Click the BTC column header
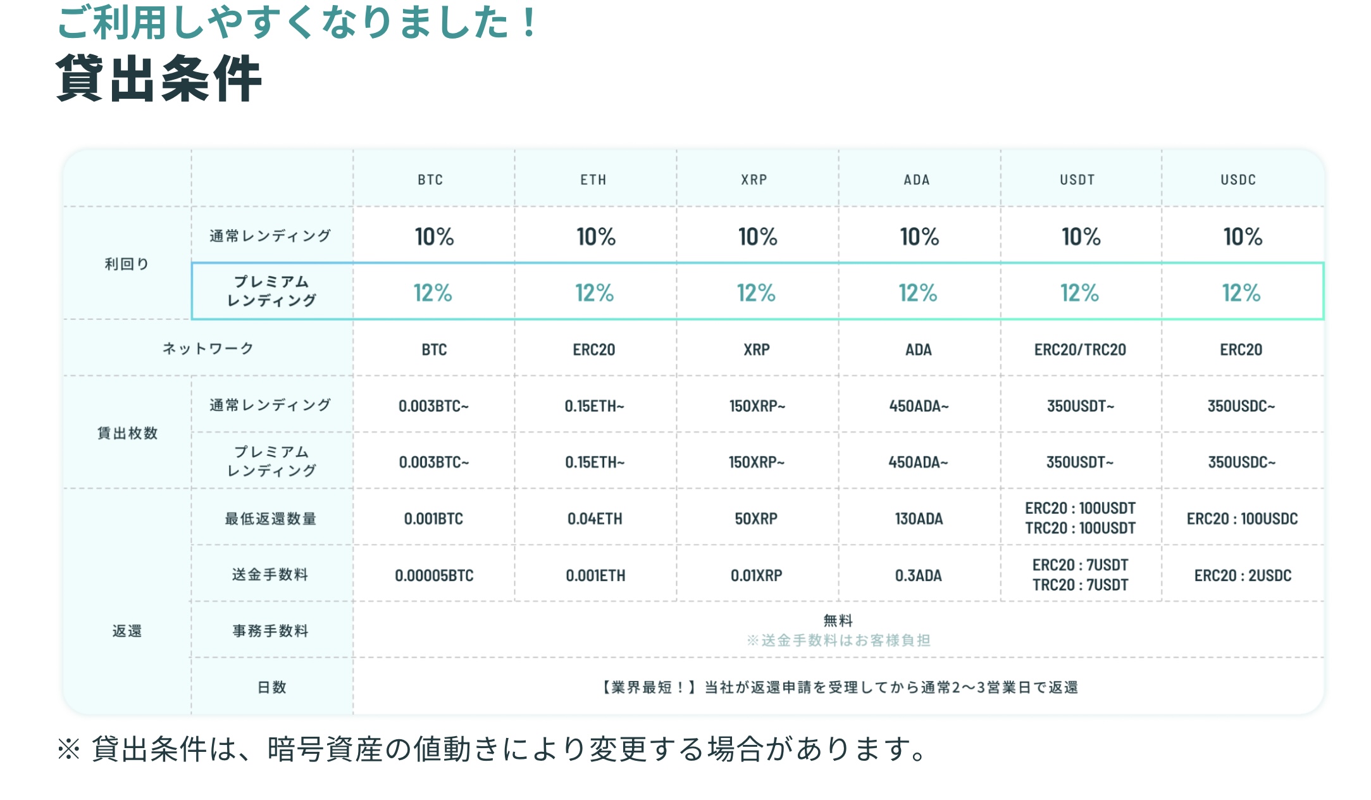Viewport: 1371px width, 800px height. pos(430,180)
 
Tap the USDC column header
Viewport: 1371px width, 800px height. pos(1238,180)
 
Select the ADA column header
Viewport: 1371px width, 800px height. pos(917,180)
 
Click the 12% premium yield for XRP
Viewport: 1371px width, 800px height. pos(756,293)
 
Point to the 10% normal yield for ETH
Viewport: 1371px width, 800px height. pos(595,237)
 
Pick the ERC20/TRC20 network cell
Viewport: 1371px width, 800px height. pos(1080,349)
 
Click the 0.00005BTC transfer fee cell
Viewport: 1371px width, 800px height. pos(434,575)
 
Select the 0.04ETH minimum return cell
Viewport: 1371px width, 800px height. pos(595,519)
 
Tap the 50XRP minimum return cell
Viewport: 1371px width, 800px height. pos(756,519)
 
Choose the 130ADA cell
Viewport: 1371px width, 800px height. pos(919,519)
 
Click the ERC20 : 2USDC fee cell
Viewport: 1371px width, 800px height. pos(1243,575)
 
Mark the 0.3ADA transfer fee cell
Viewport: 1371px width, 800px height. pos(918,575)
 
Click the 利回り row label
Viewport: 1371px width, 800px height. pos(127,264)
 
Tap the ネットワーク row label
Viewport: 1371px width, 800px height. pos(208,348)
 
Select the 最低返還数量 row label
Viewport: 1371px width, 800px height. pos(271,519)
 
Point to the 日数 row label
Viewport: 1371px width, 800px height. pos(272,687)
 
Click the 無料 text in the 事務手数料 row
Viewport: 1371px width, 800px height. pos(838,620)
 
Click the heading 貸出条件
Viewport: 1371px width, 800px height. pos(159,79)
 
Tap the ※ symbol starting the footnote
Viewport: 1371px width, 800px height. pos(68,749)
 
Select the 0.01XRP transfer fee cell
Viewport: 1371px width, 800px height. pos(756,575)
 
